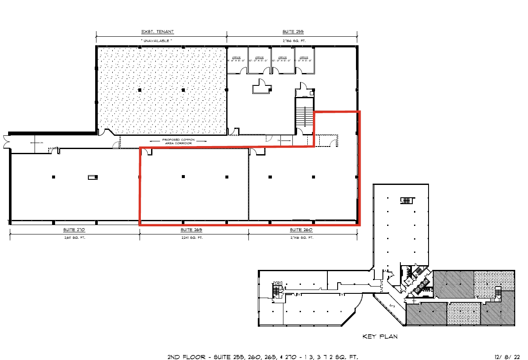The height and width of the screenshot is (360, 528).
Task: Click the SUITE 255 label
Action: pos(292,32)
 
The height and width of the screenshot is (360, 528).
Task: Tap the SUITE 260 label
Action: pos(303,230)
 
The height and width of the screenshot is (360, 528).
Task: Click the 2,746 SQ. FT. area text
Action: pos(303,237)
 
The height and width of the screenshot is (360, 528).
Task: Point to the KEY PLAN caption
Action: pos(380,337)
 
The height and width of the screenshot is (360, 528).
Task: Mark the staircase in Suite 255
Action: pos(305,113)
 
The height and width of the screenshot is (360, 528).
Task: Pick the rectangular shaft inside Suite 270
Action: pos(93,177)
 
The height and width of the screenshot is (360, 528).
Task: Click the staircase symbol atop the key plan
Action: pos(407,200)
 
